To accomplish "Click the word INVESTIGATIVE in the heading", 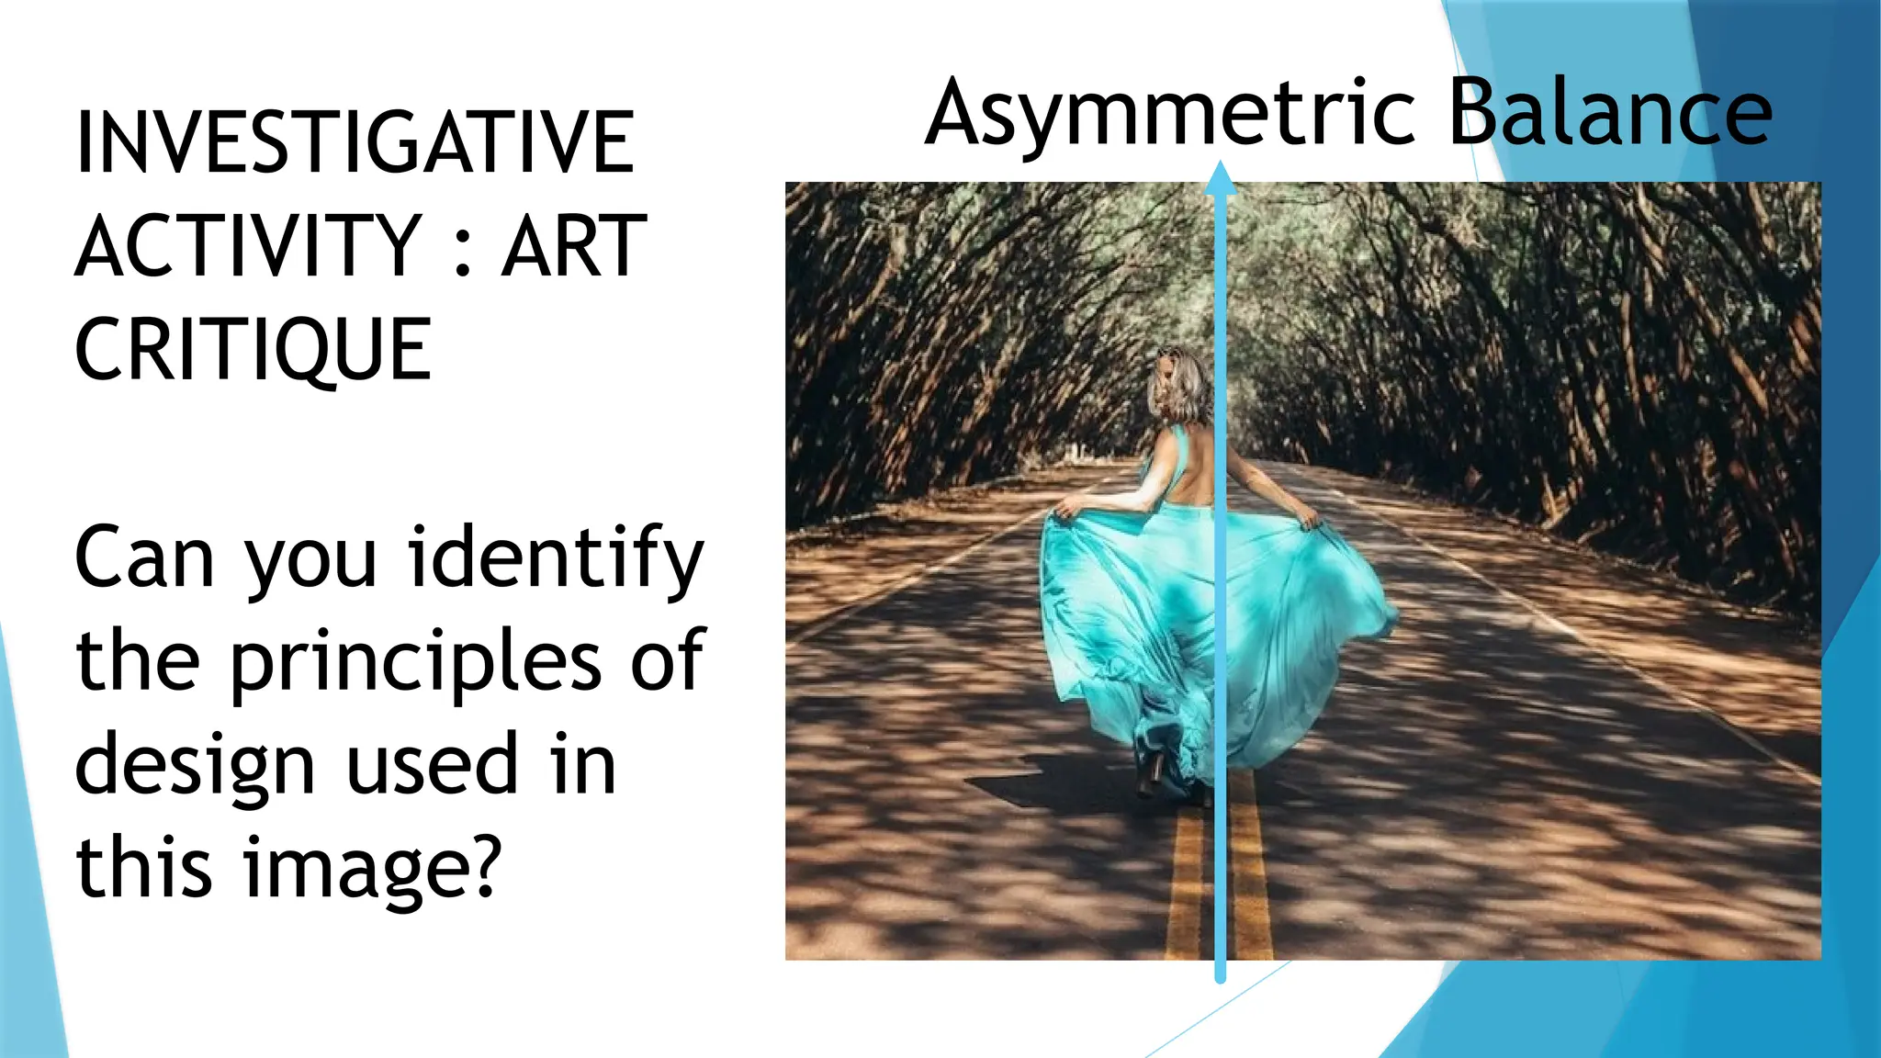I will [355, 142].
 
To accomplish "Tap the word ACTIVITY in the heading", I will [248, 246].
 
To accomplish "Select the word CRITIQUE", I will [253, 350].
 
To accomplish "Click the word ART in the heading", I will [574, 246].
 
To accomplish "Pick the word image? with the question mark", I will [372, 870].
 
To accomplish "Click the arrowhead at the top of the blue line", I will [1220, 178].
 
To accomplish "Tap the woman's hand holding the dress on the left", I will [1068, 508].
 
